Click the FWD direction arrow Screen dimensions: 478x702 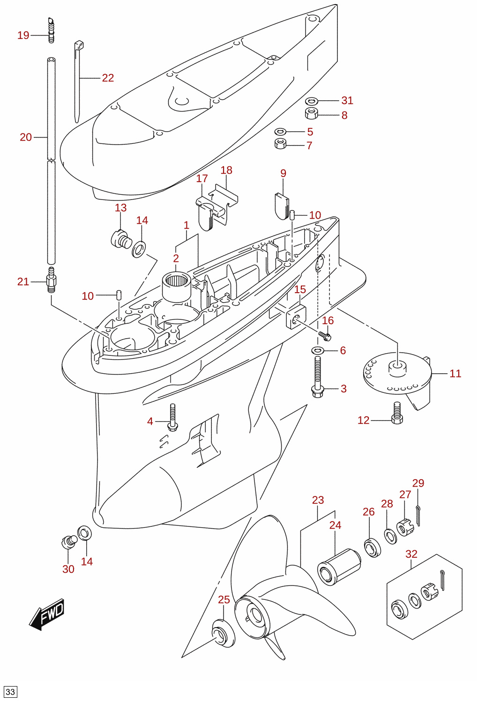pos(47,614)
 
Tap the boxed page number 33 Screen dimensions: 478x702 pos(10,691)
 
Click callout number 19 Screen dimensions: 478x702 pos(23,36)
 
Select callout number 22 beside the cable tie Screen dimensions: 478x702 pos(108,78)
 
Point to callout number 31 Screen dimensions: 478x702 pos(347,101)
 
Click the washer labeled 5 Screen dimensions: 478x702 pos(280,132)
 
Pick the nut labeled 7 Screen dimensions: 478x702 pos(280,144)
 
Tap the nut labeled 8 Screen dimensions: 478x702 pos(312,113)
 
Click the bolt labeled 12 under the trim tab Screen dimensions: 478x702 pos(397,413)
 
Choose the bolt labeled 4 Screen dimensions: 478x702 pos(172,417)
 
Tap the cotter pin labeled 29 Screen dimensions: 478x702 pos(418,516)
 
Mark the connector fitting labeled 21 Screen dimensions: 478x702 pos(51,280)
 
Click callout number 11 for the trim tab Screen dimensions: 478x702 pos(456,374)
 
